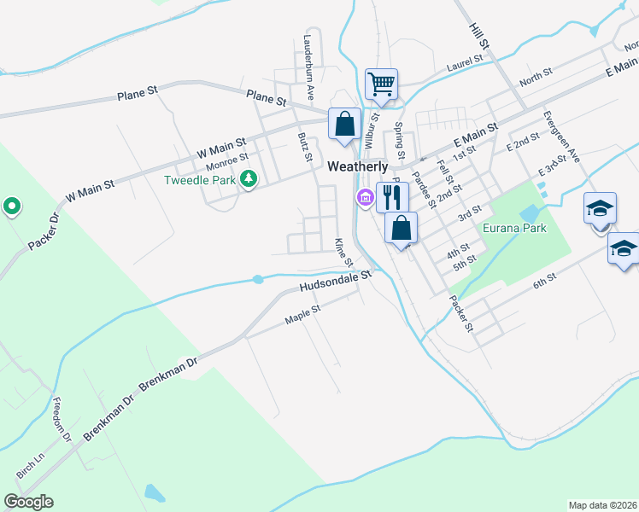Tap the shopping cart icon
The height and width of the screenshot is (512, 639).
(381, 84)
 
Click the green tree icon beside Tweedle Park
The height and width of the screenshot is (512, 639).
(249, 179)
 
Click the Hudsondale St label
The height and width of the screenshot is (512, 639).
(337, 282)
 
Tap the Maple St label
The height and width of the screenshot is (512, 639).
(302, 315)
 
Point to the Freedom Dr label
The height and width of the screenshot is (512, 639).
(61, 420)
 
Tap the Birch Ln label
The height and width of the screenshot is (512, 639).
(29, 465)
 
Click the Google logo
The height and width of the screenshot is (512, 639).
(28, 502)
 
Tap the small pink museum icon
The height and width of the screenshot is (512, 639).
(365, 199)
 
